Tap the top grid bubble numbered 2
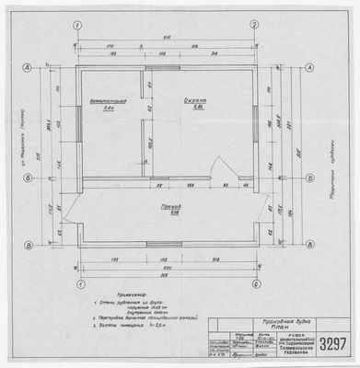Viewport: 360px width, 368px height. (254, 25)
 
